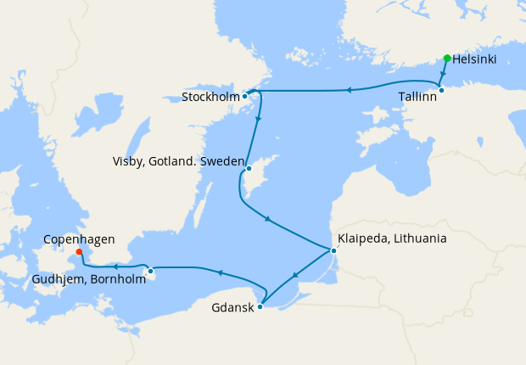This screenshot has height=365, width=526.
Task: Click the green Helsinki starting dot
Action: point(447,59)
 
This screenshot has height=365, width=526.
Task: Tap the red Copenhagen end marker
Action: point(79,251)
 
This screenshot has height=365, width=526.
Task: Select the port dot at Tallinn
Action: point(440,89)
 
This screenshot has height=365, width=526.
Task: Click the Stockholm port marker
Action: point(244,96)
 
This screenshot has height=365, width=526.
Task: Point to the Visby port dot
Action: point(249,169)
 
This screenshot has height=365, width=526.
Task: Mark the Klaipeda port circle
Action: point(333,250)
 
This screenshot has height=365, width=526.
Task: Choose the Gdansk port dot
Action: point(260,306)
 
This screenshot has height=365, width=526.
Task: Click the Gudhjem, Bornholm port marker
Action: point(150,272)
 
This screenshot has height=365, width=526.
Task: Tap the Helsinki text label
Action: point(475,59)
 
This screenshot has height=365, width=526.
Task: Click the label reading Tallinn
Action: point(417,98)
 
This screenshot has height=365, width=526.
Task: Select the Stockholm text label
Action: point(209,98)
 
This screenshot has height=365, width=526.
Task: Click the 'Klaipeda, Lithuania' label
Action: point(392,239)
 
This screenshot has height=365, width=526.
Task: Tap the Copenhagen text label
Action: point(79,240)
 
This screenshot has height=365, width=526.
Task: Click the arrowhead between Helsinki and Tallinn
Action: point(444,75)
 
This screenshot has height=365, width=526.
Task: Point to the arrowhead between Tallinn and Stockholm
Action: point(349,89)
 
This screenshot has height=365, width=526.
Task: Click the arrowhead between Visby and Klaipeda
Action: point(268,220)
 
